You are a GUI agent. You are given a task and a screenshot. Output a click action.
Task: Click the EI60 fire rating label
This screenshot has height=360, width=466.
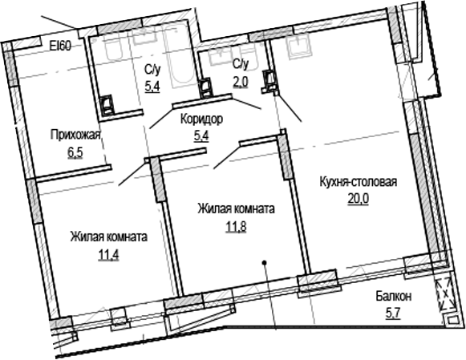(x=61, y=46)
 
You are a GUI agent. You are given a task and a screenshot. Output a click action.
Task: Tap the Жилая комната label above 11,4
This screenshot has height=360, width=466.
(x=107, y=237)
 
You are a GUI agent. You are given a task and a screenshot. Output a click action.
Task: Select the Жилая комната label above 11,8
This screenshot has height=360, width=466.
(x=237, y=208)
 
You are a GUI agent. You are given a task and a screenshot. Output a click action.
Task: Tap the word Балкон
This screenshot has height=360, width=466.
(x=393, y=297)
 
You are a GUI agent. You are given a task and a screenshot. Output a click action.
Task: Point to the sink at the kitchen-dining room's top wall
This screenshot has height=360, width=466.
(x=298, y=45)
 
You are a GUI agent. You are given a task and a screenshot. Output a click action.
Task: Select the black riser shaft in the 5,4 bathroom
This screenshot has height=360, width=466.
(x=107, y=104)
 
